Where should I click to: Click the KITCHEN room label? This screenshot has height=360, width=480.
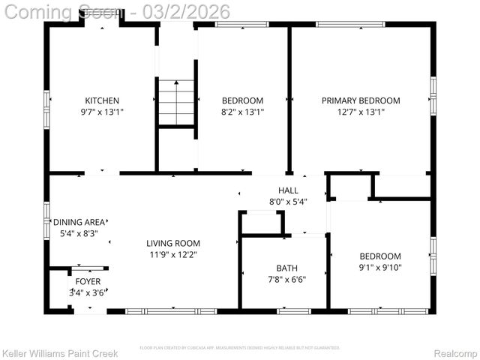102,100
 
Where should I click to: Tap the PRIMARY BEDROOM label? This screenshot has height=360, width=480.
361,100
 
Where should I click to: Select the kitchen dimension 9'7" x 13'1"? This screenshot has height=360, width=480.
102,112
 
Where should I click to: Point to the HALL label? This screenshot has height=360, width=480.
288,190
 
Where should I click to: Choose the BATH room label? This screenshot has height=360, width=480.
286,267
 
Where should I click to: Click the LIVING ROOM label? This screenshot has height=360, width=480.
172,243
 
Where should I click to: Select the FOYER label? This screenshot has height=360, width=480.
87,282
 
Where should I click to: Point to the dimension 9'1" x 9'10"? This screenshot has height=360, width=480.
380,267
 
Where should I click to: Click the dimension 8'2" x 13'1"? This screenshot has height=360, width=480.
242,112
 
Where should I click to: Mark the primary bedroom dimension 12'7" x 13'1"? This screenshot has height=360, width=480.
361,112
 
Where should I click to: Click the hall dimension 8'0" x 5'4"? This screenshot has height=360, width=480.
288,201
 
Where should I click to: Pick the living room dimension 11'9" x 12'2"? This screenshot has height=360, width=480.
172,254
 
